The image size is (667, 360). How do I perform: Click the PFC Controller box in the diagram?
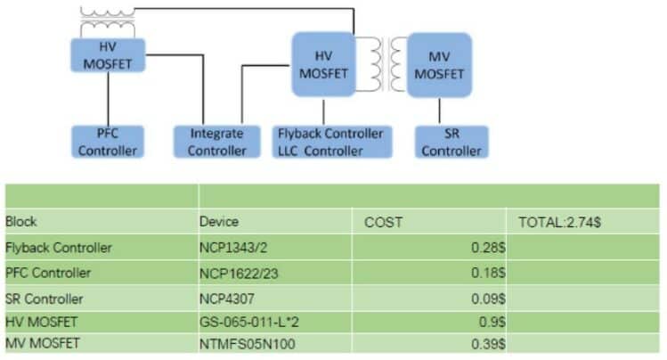click(107, 142)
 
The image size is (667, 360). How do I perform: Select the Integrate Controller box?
click(216, 142)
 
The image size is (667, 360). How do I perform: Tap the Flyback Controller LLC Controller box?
click(329, 142)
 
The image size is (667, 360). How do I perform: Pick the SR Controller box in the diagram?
click(451, 142)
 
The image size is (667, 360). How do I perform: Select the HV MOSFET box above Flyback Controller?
click(323, 63)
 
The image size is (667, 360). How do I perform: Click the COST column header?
click(384, 222)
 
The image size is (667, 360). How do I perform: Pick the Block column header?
click(21, 222)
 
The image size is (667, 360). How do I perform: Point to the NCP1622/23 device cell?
click(233, 272)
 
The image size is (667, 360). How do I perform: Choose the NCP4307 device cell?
click(226, 298)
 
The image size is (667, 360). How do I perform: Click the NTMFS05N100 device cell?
click(239, 344)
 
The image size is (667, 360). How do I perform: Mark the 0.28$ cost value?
click(488, 247)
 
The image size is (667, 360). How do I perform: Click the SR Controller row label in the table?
click(44, 298)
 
